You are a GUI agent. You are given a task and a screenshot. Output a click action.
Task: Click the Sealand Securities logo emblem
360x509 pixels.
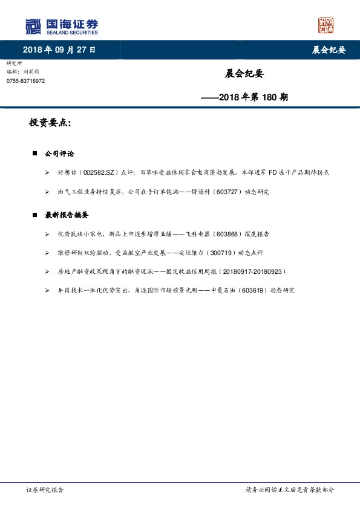(32, 26)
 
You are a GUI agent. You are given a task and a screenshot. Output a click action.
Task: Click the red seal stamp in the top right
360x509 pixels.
(326, 26)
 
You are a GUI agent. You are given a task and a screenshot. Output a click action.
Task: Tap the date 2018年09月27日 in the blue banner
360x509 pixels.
(59, 50)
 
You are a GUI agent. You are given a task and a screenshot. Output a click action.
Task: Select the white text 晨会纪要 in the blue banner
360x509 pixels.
(328, 50)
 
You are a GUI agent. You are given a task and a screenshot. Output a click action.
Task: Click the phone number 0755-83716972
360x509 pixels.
(25, 81)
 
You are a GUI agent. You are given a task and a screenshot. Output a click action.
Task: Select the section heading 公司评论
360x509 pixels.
(60, 154)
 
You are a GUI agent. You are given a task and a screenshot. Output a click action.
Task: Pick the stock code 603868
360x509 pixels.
(226, 233)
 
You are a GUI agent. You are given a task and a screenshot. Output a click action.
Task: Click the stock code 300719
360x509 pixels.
(217, 253)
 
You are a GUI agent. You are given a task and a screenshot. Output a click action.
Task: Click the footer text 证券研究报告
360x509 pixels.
(45, 490)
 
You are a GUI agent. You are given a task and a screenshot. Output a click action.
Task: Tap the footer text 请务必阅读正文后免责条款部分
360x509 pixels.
(289, 490)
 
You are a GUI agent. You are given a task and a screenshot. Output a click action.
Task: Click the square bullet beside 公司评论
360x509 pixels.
(35, 154)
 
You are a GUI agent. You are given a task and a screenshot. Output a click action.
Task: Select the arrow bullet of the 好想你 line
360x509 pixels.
(47, 172)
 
